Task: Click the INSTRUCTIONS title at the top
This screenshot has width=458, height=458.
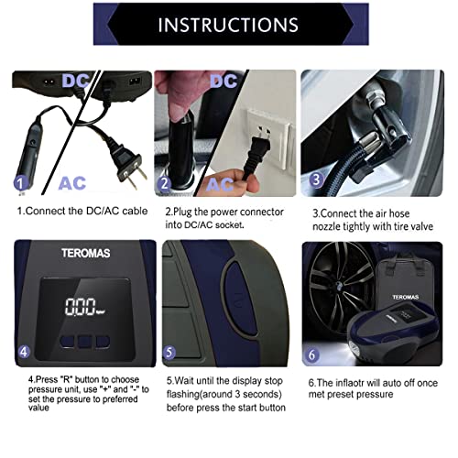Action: coord(228,24)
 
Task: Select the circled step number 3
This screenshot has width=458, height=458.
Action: coord(315,180)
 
